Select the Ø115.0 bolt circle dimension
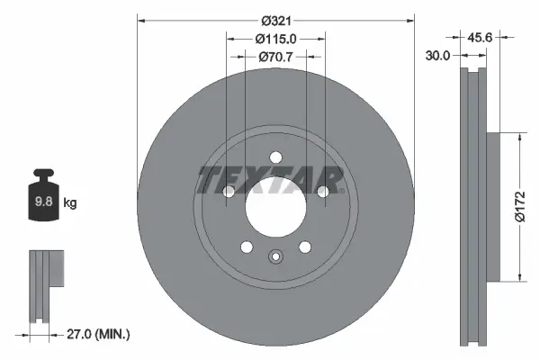point(275,39)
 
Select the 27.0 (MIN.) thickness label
point(99,334)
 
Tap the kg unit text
point(70,203)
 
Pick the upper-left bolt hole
point(229,192)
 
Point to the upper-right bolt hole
point(322,191)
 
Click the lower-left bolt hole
point(246,247)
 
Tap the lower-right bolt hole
point(305,247)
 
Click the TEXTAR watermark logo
point(271,179)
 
